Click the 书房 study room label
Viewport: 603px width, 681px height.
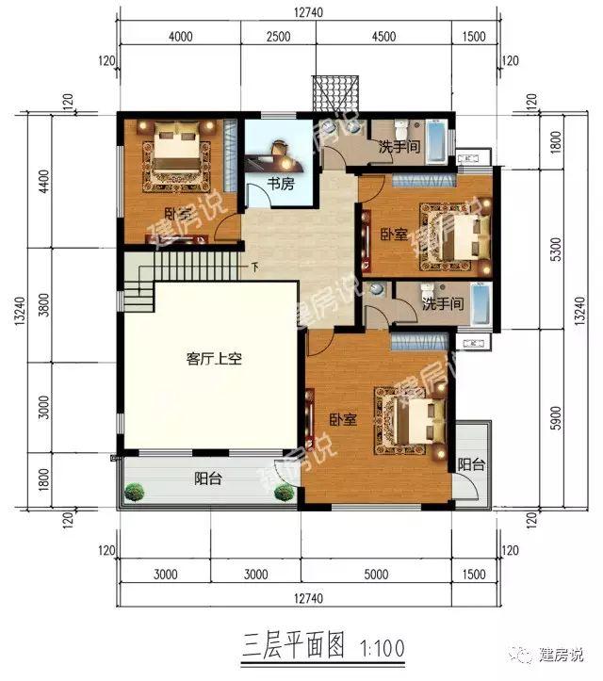point(280,185)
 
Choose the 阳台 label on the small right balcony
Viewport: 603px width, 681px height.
point(471,464)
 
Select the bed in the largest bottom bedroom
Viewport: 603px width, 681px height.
point(412,419)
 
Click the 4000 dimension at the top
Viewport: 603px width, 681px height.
point(180,37)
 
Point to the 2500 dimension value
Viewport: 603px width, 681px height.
point(278,37)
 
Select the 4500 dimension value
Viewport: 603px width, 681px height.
point(384,37)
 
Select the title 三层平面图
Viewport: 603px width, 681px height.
point(294,648)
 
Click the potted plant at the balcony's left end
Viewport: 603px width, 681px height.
point(136,492)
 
